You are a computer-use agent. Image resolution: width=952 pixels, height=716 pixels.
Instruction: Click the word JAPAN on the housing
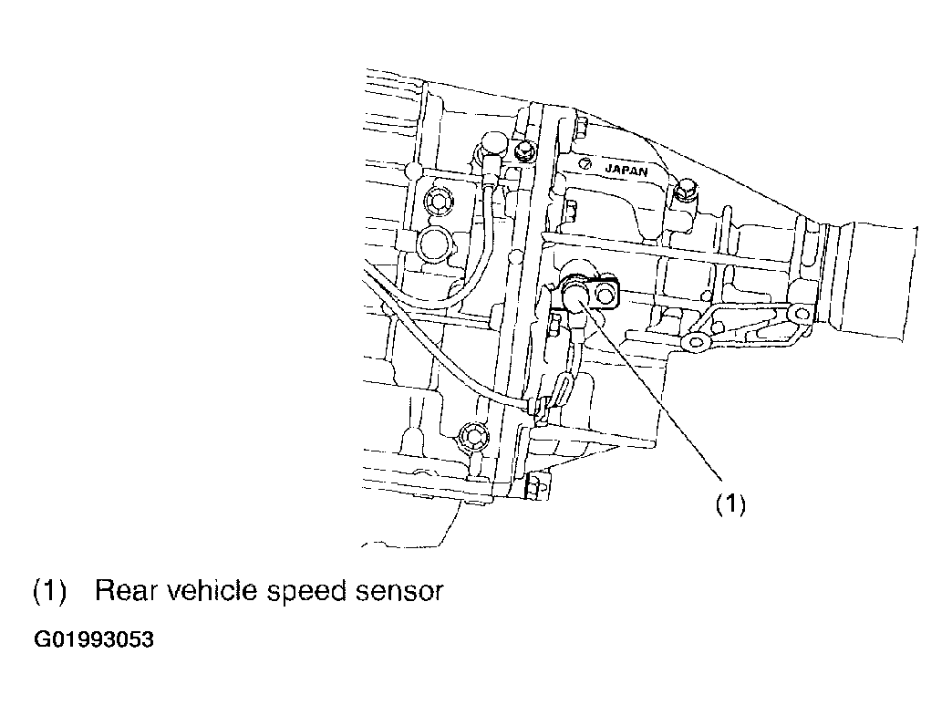click(626, 170)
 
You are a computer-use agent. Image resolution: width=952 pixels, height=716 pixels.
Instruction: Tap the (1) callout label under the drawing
click(730, 504)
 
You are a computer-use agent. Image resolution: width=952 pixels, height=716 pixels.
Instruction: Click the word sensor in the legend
click(398, 592)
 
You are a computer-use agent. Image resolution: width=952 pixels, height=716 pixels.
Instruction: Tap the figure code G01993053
click(94, 639)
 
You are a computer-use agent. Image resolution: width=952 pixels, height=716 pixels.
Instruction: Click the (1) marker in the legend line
click(49, 591)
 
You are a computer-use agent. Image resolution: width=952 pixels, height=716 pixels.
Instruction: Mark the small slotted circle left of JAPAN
click(585, 164)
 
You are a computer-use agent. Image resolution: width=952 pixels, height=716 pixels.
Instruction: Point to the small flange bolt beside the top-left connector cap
click(524, 150)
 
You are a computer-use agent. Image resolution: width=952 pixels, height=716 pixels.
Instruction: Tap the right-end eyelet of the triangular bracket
click(802, 314)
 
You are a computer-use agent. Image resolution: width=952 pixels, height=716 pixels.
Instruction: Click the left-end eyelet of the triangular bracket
click(694, 342)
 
